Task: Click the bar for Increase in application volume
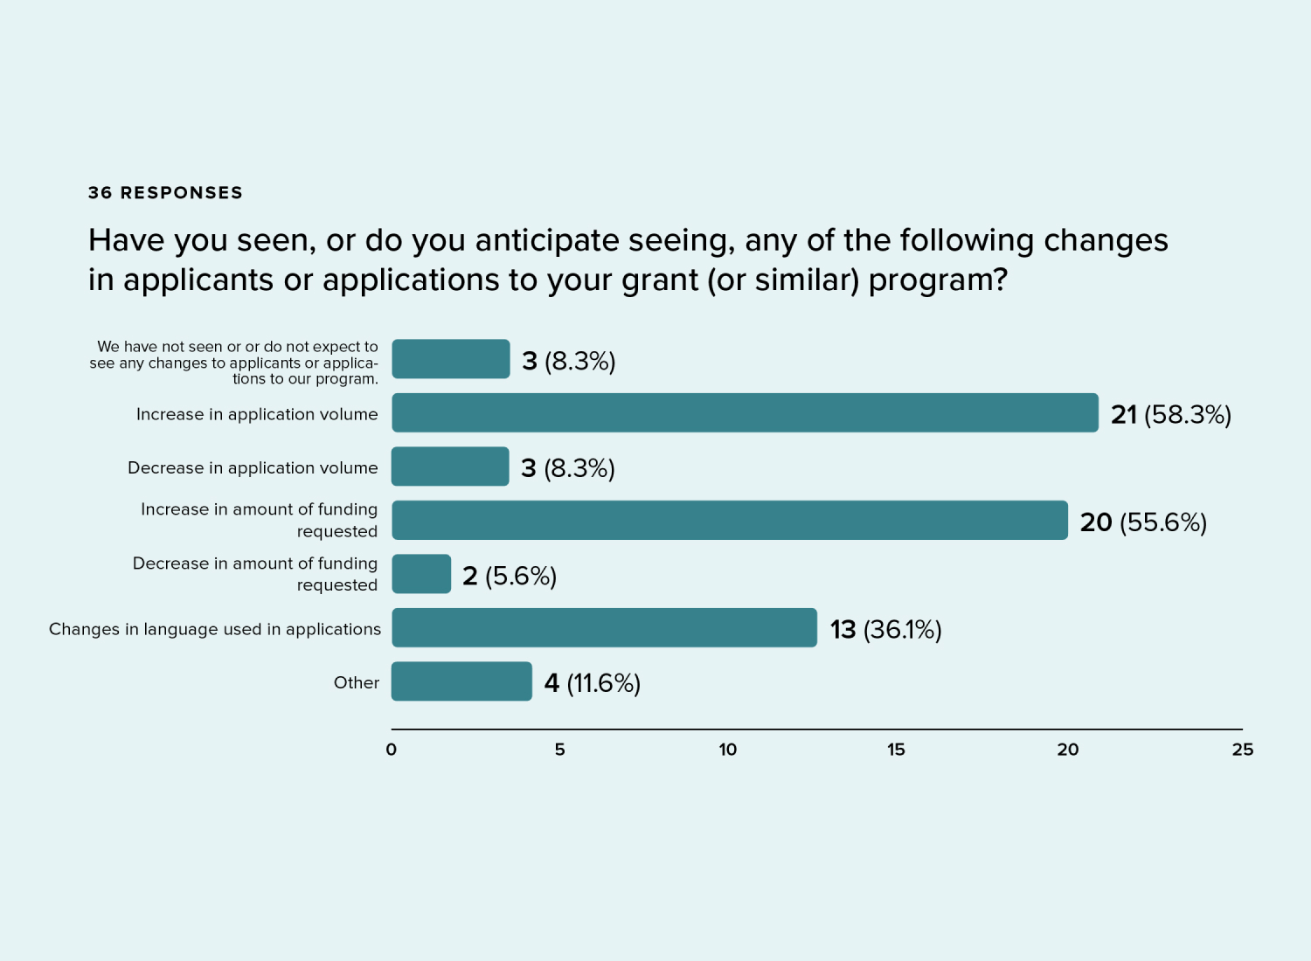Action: (745, 412)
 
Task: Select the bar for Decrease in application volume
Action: (450, 467)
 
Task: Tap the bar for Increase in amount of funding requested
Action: (730, 520)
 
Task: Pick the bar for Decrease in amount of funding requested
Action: (421, 574)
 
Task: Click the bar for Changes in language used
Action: (604, 627)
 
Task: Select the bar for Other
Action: (461, 681)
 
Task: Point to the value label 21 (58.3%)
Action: (1170, 414)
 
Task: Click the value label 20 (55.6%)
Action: (1143, 522)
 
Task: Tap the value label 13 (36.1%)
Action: (885, 629)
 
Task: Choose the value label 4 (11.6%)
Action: (592, 682)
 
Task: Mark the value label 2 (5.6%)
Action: (509, 576)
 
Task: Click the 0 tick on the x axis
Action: (391, 750)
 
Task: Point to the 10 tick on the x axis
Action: (727, 750)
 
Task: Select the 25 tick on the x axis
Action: (1242, 750)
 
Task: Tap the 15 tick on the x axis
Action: (896, 750)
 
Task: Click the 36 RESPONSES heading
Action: (165, 192)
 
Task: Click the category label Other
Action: (356, 682)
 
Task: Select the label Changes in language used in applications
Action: (215, 629)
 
